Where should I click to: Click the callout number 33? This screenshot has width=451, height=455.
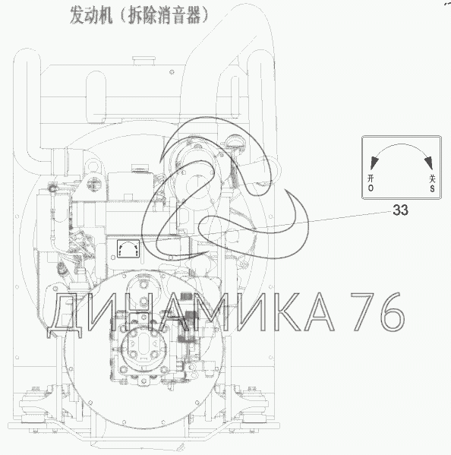[x=400, y=210]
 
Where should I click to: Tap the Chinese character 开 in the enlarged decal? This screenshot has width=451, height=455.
[x=371, y=179]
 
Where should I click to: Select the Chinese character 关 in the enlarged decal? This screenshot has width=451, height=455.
[x=432, y=179]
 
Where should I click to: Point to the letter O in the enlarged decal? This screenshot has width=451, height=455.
[x=371, y=188]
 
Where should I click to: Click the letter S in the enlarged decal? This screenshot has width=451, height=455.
[x=432, y=188]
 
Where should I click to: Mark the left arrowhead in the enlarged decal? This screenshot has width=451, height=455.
[x=374, y=163]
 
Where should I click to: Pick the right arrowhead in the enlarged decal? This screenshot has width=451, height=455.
[x=429, y=163]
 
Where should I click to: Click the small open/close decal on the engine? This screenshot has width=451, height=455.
[x=128, y=249]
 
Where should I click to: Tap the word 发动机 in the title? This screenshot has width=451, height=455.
[x=91, y=15]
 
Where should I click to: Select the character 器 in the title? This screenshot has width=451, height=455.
[x=191, y=15]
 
